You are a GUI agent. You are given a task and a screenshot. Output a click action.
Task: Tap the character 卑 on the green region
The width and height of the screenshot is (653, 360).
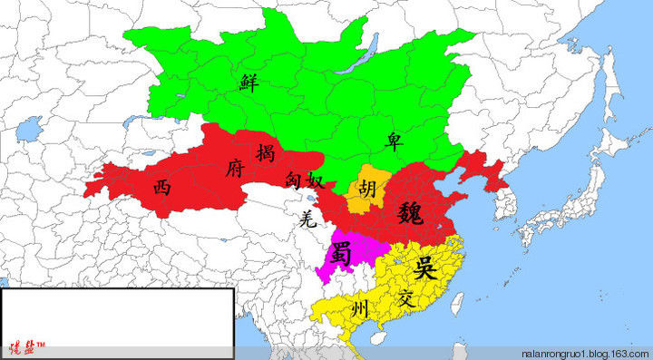pos(395,141)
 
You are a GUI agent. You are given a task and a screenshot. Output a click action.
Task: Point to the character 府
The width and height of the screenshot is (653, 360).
pos(233,169)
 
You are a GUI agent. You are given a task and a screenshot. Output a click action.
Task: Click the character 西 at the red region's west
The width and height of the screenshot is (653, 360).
pos(161,188)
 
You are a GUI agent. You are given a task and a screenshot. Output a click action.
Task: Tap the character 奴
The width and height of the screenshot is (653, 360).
pos(315,181)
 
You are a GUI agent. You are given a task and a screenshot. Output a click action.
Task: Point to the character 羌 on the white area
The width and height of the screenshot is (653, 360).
pos(307,217)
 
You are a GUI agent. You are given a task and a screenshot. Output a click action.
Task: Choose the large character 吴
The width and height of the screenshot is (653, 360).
pos(423,268)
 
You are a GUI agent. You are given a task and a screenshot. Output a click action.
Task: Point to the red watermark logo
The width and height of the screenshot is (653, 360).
pos(27,348)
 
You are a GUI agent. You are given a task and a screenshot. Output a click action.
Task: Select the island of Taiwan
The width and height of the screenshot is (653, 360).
pos(456,304)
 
